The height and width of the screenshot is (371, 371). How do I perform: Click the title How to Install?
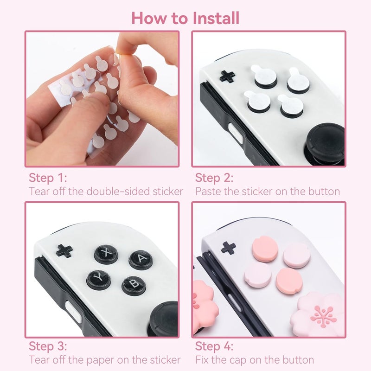click(185, 18)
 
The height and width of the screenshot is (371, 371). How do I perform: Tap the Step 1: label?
click(48, 178)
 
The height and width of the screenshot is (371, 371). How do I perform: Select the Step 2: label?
click(214, 178)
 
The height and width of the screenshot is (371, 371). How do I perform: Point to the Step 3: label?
click(48, 346)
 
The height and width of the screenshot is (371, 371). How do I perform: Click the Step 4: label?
click(214, 346)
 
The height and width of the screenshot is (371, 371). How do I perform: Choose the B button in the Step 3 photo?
click(134, 285)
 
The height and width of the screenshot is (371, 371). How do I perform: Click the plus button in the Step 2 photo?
click(227, 76)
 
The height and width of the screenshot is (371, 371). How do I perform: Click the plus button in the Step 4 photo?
click(228, 248)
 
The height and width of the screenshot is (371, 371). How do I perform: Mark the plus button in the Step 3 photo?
click(64, 251)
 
